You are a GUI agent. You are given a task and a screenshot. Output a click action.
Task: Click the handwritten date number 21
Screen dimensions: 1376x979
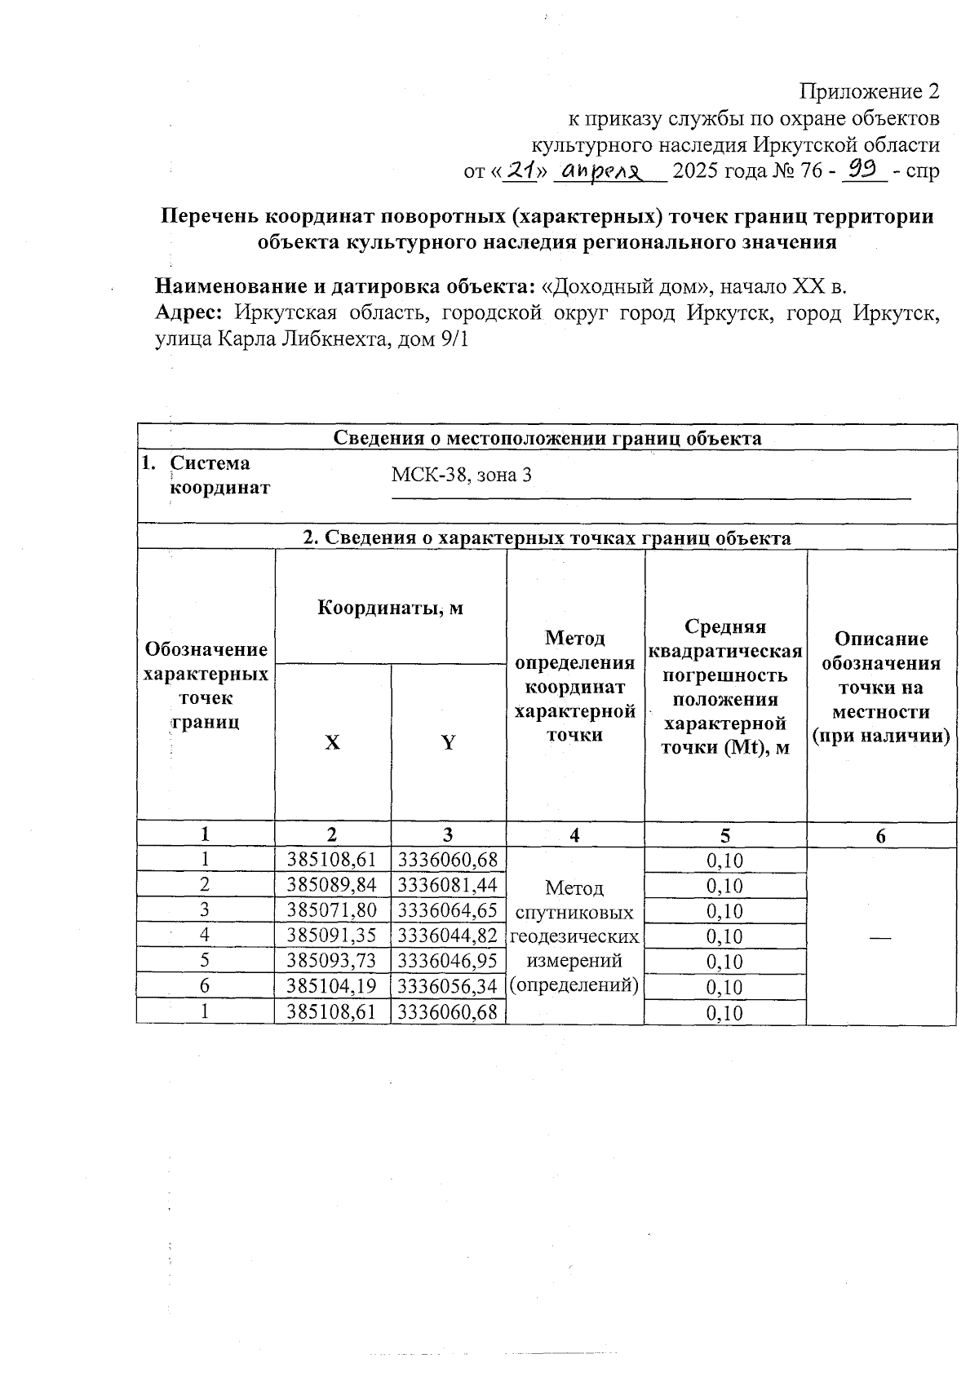520,170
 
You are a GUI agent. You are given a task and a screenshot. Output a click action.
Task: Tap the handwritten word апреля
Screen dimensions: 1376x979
605,170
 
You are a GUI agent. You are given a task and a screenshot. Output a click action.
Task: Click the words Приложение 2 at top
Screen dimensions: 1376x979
870,91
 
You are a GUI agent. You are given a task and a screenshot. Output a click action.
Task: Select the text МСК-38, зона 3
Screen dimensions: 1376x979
461,475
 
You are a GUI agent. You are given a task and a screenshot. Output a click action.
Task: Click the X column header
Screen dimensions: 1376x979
332,742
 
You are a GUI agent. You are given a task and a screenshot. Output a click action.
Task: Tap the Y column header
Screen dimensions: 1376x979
448,742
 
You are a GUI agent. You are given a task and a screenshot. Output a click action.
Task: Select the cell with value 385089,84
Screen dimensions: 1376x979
332,885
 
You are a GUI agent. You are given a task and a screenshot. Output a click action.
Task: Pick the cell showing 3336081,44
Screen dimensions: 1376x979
448,885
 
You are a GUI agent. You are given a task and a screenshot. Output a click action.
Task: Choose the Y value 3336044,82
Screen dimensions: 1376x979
448,936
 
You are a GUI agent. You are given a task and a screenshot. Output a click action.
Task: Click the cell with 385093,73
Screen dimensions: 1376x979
332,961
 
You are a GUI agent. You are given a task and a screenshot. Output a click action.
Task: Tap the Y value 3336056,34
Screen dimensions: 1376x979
448,986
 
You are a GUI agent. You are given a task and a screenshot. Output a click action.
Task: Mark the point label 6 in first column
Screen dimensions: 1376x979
205,986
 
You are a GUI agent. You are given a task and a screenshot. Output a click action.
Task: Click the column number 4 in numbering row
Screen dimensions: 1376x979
574,834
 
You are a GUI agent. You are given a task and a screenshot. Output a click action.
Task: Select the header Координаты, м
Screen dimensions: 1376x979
390,608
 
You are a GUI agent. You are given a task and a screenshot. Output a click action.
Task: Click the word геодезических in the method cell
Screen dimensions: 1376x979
574,936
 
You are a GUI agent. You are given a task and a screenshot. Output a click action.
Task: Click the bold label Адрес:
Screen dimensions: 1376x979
191,313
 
